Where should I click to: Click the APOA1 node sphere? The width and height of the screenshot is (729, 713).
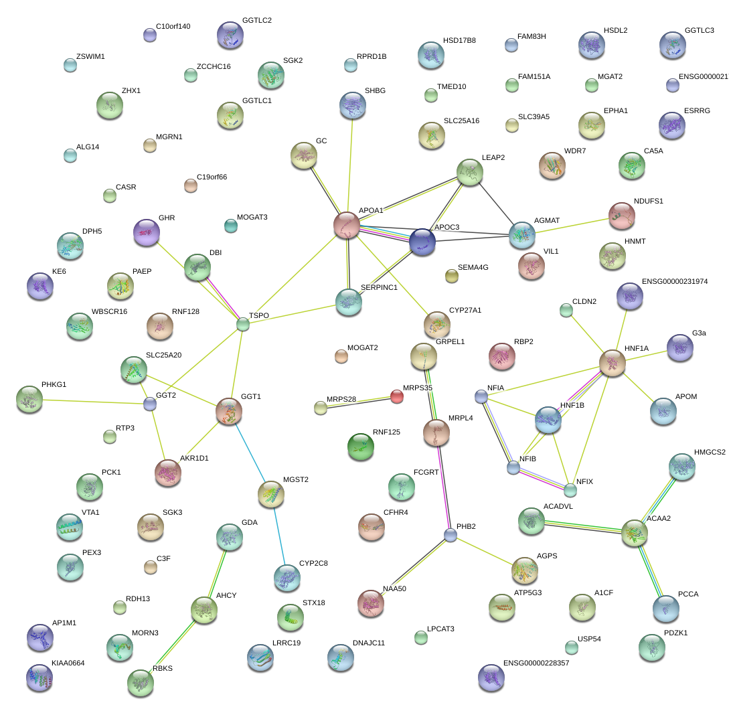(347, 225)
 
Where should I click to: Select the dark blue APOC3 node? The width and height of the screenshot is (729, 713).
(422, 242)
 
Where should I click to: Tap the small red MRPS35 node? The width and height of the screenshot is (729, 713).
(396, 397)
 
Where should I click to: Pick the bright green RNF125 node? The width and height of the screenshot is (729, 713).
(361, 447)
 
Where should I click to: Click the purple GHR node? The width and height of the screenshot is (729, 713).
(147, 232)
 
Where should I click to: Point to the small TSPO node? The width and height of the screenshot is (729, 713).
(243, 324)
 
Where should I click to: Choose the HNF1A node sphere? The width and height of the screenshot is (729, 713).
(613, 363)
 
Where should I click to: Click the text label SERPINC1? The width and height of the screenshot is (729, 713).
(379, 287)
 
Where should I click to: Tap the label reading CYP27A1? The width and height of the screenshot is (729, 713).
(465, 310)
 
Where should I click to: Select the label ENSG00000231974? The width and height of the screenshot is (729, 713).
(675, 281)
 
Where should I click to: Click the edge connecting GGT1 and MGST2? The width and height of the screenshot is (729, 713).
(250, 453)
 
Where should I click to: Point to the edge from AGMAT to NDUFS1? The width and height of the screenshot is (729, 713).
(572, 226)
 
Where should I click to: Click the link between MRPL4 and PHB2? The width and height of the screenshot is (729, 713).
(443, 487)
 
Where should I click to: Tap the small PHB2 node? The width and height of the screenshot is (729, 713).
(450, 536)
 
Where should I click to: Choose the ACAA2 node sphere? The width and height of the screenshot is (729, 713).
(634, 533)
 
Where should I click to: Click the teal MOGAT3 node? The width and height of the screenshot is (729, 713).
(230, 226)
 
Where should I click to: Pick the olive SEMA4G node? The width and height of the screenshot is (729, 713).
(451, 276)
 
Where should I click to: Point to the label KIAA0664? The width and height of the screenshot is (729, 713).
(68, 663)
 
